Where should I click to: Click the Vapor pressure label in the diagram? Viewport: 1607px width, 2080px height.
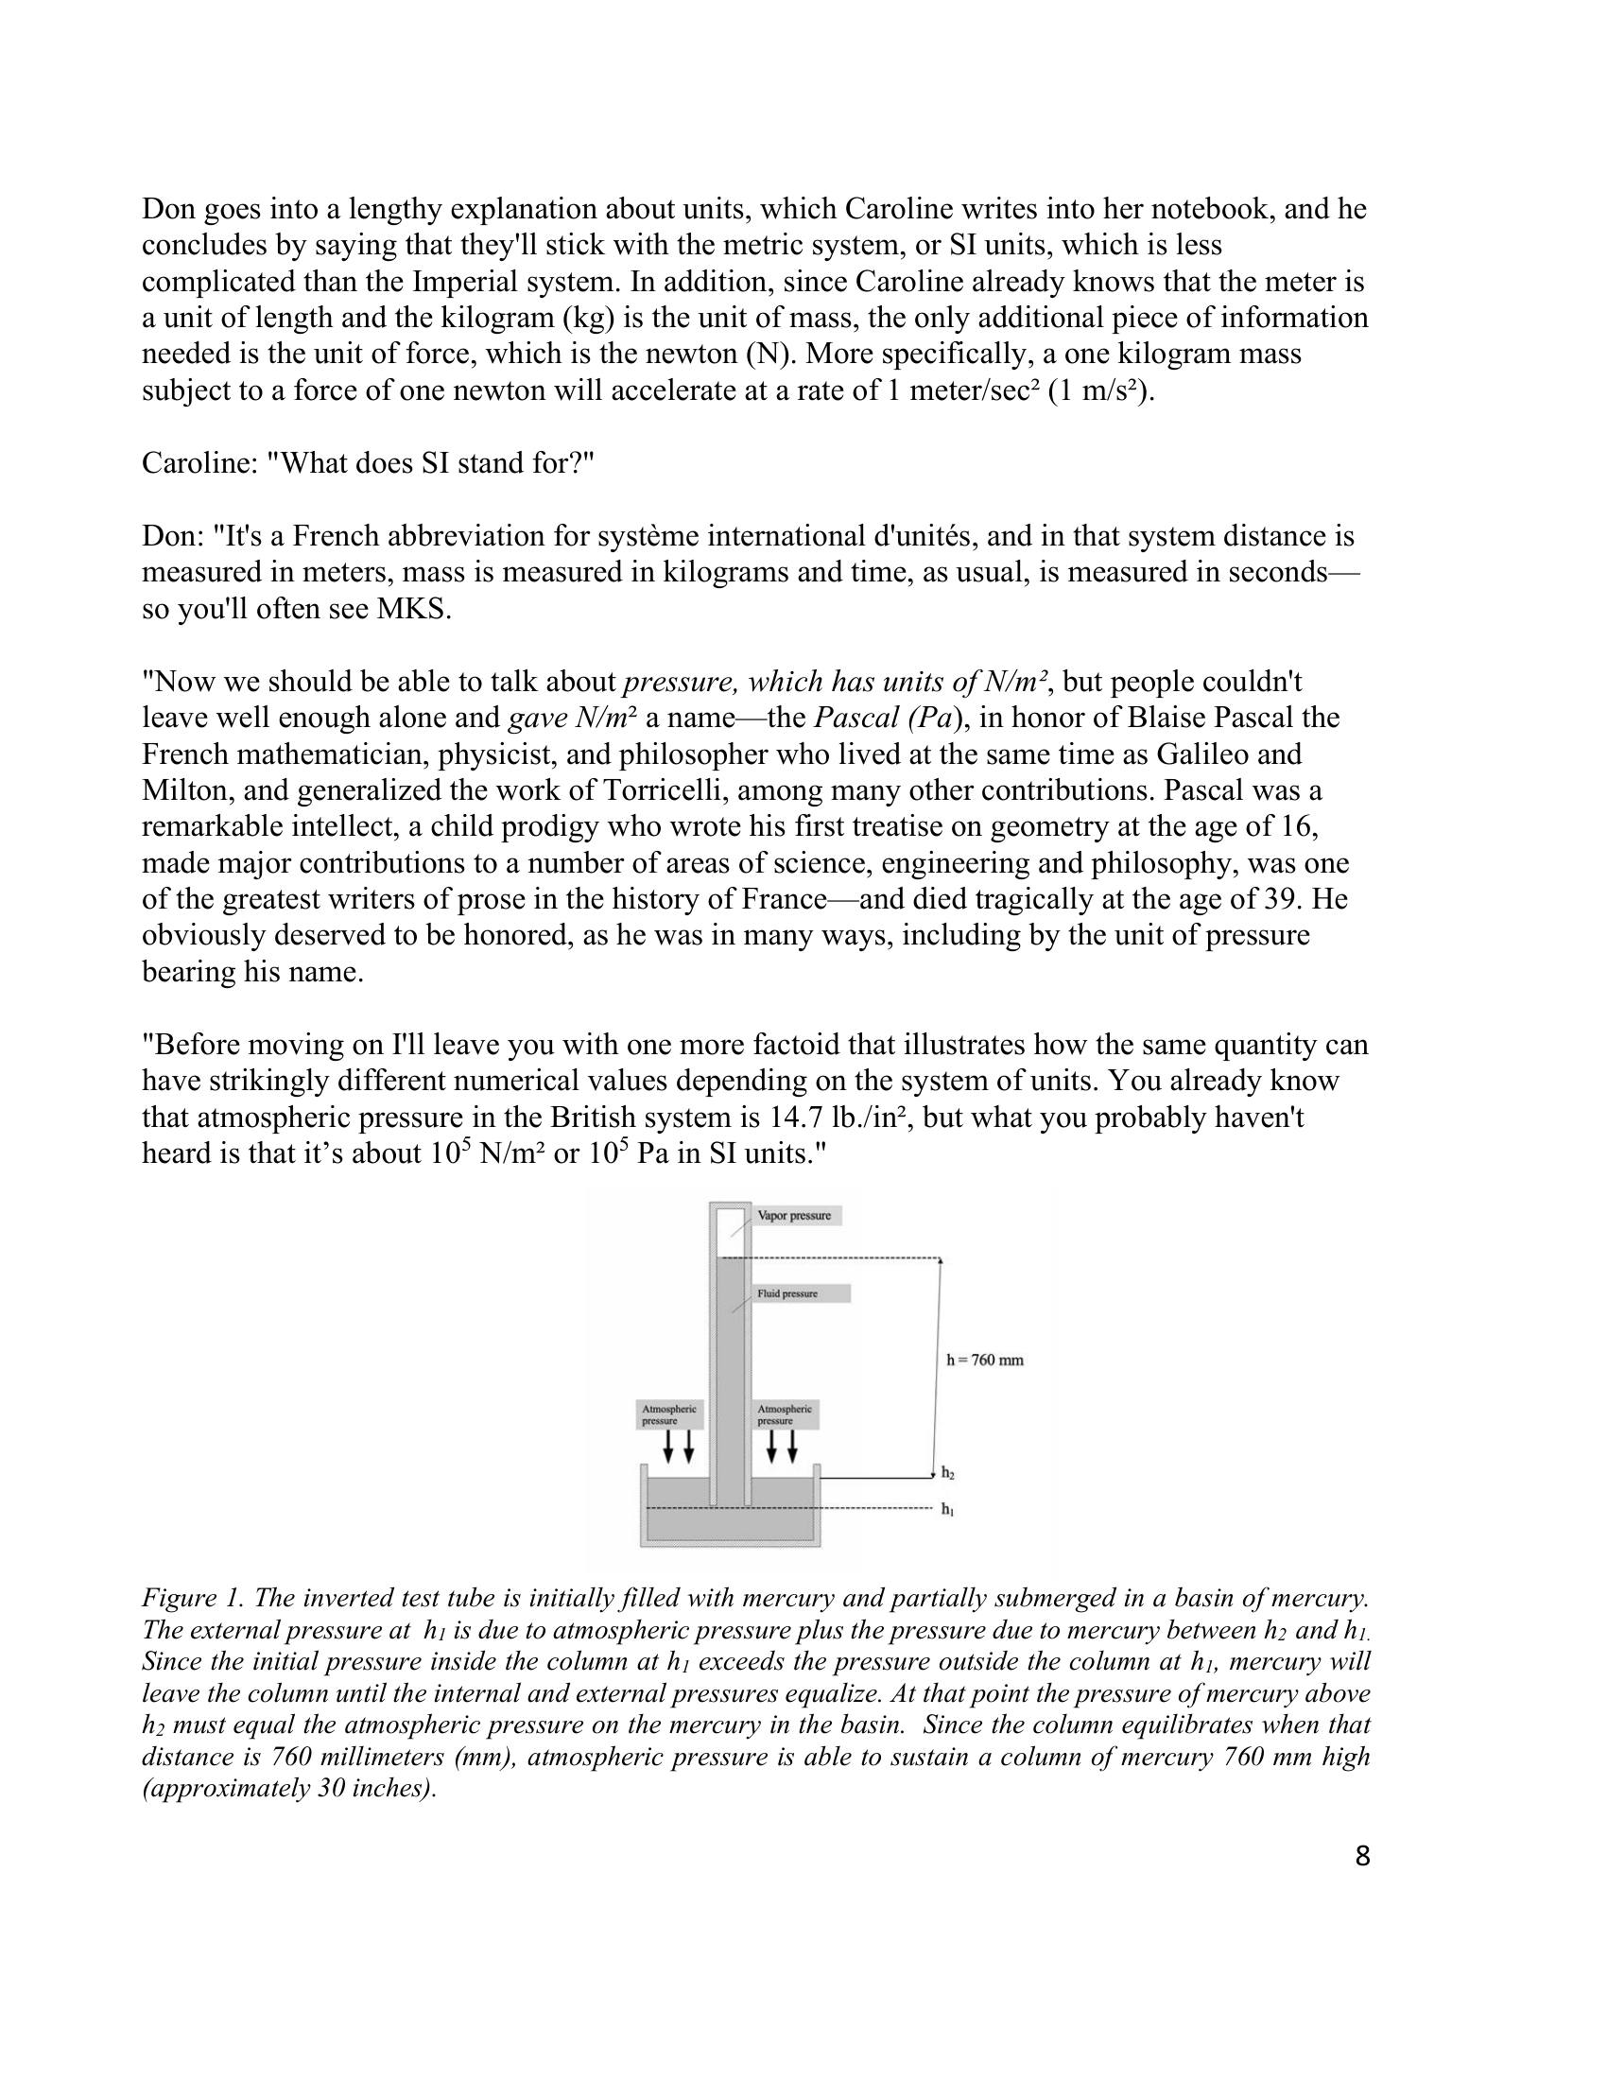(x=794, y=1215)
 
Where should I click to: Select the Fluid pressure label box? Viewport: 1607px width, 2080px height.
(x=800, y=1293)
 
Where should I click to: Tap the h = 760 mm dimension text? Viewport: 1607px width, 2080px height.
(x=984, y=1360)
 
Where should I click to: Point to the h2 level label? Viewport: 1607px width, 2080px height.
(x=947, y=1473)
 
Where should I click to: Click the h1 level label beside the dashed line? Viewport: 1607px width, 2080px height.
(x=947, y=1510)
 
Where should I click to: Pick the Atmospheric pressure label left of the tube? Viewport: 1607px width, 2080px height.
(x=669, y=1414)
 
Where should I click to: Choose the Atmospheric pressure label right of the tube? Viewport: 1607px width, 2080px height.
(x=785, y=1414)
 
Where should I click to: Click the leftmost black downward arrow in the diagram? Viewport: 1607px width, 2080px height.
(x=668, y=1447)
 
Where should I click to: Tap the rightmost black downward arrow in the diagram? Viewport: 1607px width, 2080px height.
(x=792, y=1447)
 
